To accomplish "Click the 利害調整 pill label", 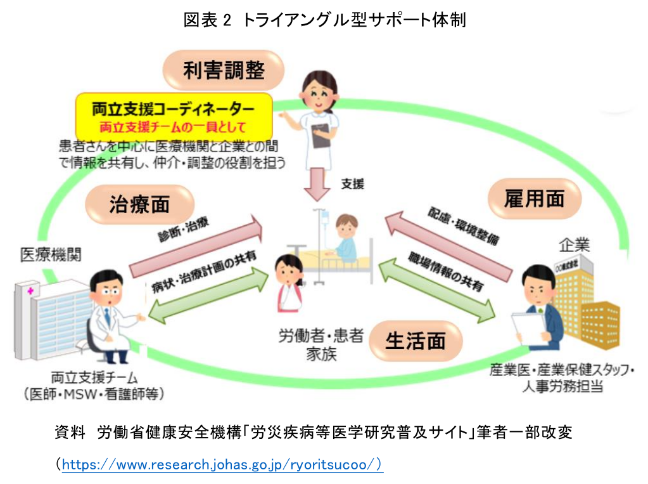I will pyautogui.click(x=224, y=70).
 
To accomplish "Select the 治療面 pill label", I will pyautogui.click(x=139, y=204).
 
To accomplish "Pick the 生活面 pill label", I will pyautogui.click(x=416, y=340).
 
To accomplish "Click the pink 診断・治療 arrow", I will pyautogui.click(x=196, y=244).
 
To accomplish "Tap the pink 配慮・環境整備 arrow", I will pyautogui.click(x=450, y=244).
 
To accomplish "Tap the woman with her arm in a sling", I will pyautogui.click(x=289, y=285).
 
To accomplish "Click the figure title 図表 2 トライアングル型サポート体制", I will pyautogui.click(x=324, y=20).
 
